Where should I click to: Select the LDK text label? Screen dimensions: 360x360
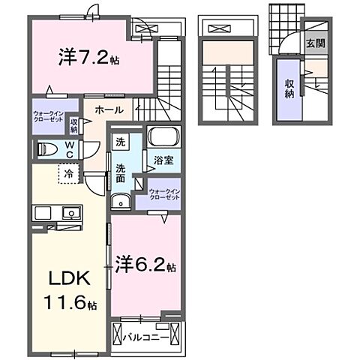(69, 279)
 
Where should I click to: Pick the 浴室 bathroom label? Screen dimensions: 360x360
(164, 160)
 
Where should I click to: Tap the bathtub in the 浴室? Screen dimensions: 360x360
(163, 137)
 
